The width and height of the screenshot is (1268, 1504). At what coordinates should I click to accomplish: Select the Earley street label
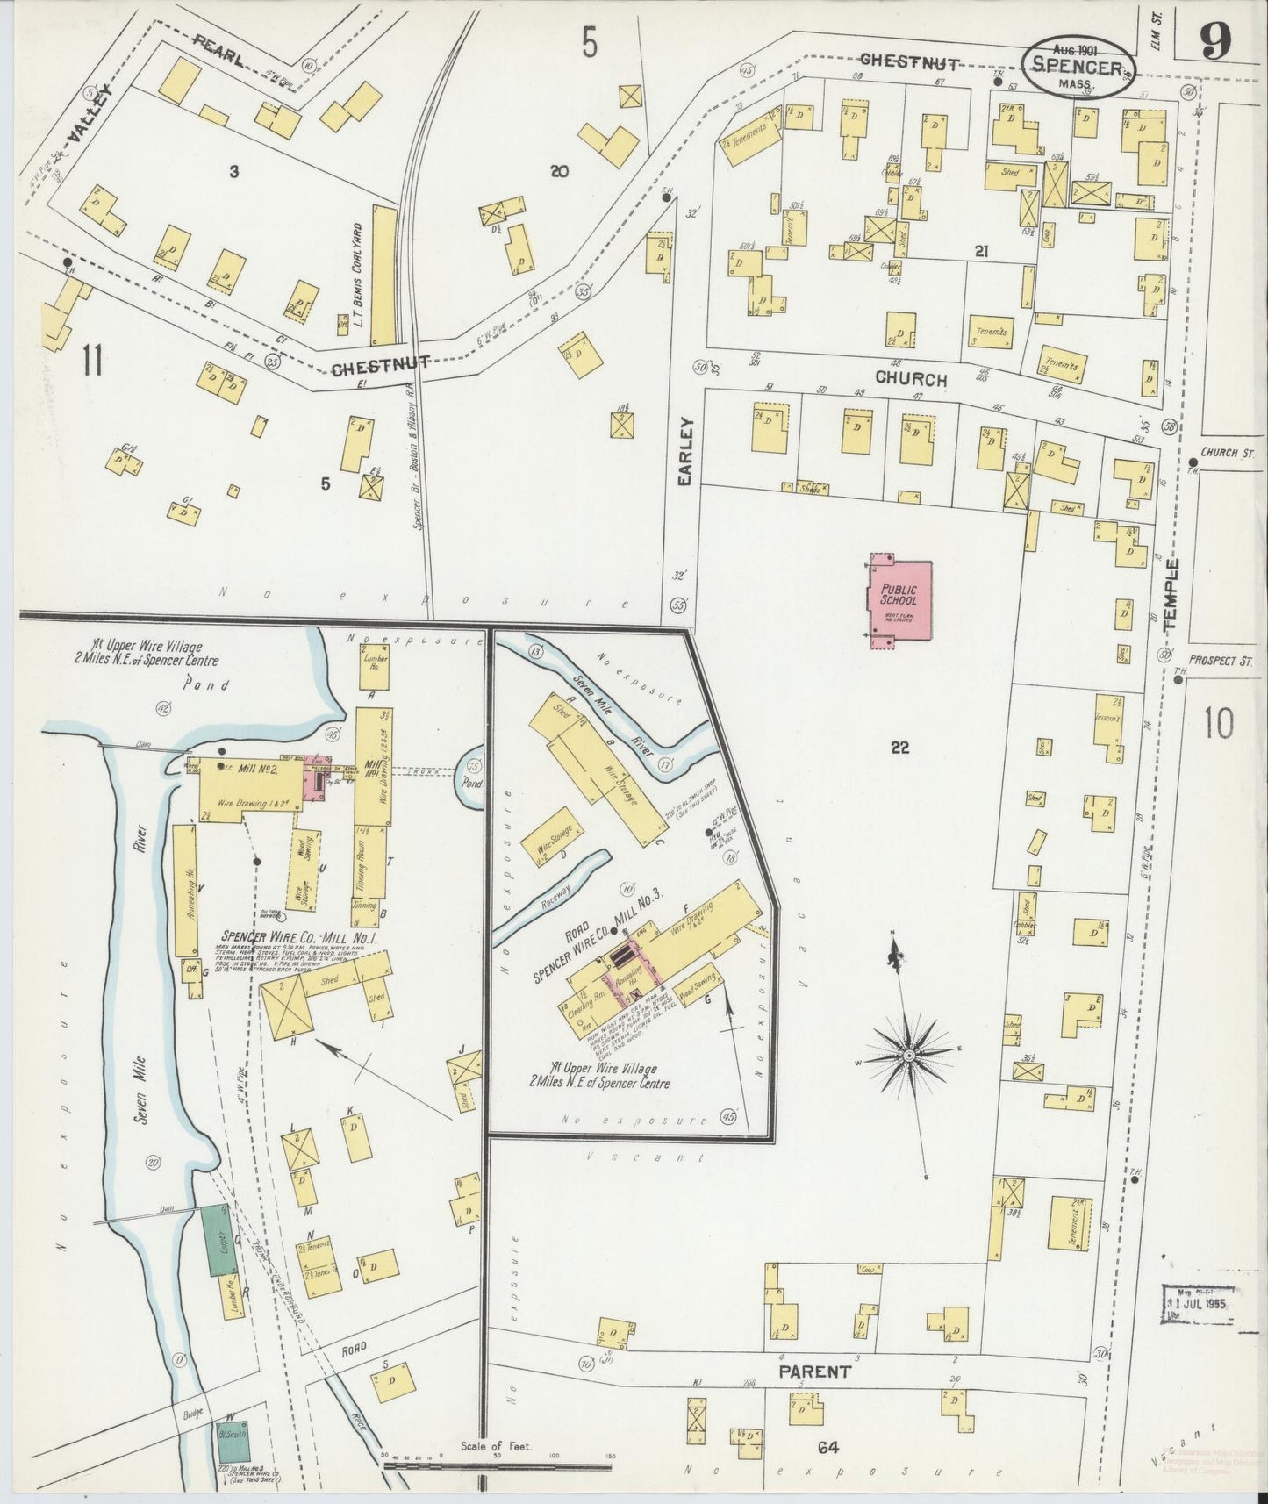coord(687,451)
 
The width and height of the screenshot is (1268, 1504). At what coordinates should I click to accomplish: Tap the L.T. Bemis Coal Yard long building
coord(382,274)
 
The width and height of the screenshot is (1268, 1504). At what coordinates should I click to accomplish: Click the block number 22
coord(899,748)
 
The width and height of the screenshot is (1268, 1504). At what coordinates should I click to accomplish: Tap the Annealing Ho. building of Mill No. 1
coord(184,890)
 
